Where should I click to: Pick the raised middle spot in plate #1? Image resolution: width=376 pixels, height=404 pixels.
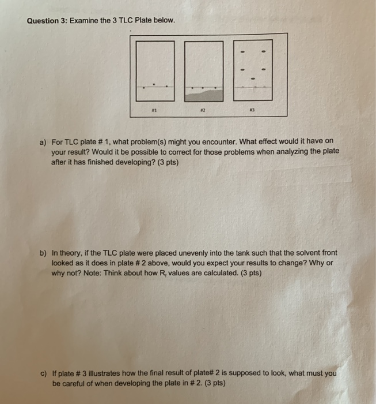154,83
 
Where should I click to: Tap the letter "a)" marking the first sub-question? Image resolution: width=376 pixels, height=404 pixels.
42,141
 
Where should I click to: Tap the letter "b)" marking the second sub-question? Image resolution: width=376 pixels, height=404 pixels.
43,253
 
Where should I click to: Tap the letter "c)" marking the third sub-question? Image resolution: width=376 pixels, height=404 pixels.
43,373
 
